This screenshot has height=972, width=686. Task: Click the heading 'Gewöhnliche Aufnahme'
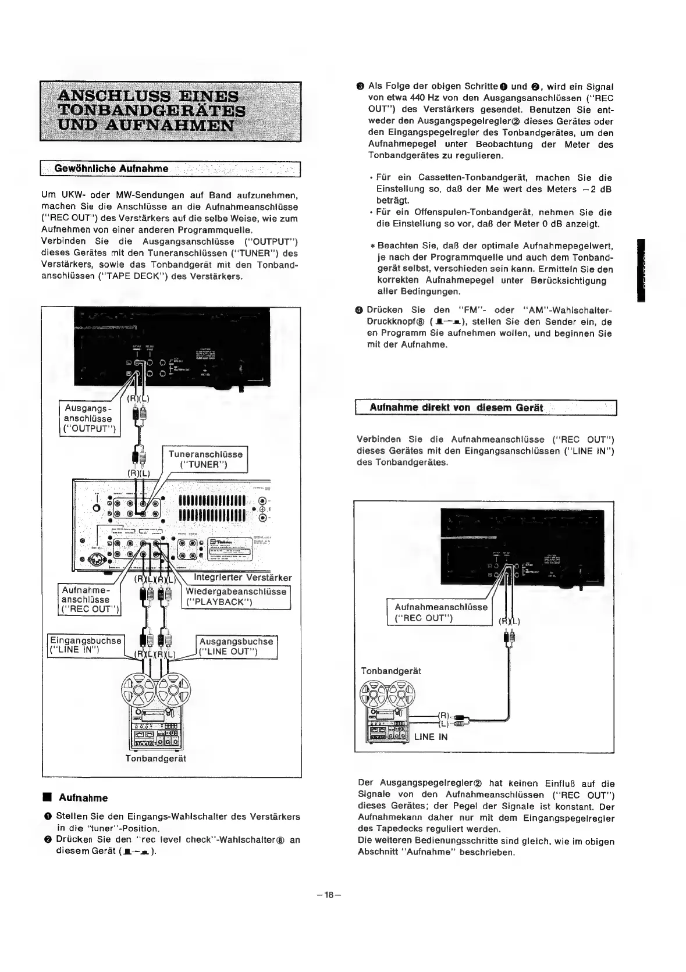(x=111, y=169)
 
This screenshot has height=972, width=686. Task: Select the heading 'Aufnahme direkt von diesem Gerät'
(x=456, y=408)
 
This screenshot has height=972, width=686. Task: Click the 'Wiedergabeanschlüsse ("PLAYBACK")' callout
(x=236, y=596)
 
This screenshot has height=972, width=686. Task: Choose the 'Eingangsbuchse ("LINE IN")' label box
(x=84, y=645)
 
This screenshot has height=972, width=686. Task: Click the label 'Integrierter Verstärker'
(x=243, y=578)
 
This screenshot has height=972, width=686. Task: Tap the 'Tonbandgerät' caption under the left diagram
(x=155, y=759)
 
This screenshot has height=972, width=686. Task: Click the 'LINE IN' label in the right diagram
(x=431, y=736)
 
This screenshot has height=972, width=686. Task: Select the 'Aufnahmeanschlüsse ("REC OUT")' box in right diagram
(x=440, y=612)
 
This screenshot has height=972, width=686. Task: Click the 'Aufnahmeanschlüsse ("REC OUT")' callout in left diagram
(x=90, y=599)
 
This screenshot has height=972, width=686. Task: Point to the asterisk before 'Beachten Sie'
(x=372, y=246)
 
